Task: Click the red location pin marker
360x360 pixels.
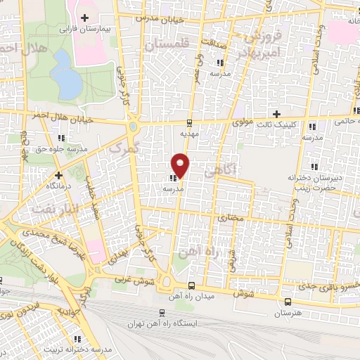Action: tap(181, 165)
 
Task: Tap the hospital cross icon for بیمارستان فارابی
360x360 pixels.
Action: tap(86, 18)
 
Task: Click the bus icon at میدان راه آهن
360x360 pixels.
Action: tap(191, 285)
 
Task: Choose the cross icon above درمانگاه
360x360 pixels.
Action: tap(59, 174)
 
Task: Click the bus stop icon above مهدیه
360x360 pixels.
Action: tap(188, 120)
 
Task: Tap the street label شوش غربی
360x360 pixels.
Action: tap(128, 278)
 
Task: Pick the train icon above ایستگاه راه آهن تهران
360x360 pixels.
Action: tap(162, 312)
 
